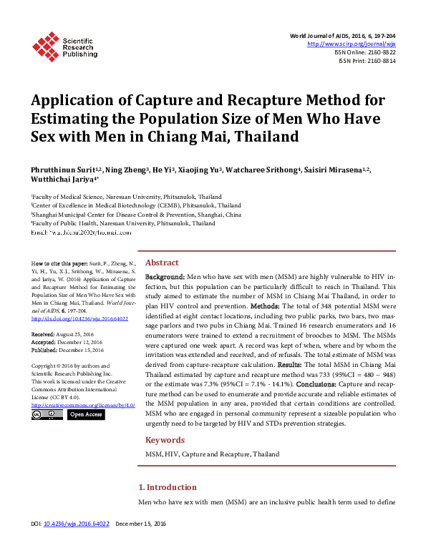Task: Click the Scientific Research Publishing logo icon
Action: point(45,46)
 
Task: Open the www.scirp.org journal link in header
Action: point(352,44)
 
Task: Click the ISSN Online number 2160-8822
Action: point(380,53)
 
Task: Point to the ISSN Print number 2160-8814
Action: point(381,62)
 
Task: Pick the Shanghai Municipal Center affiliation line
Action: point(135,214)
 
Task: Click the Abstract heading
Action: point(162,262)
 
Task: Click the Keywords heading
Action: point(165,440)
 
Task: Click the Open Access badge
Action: point(85,414)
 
